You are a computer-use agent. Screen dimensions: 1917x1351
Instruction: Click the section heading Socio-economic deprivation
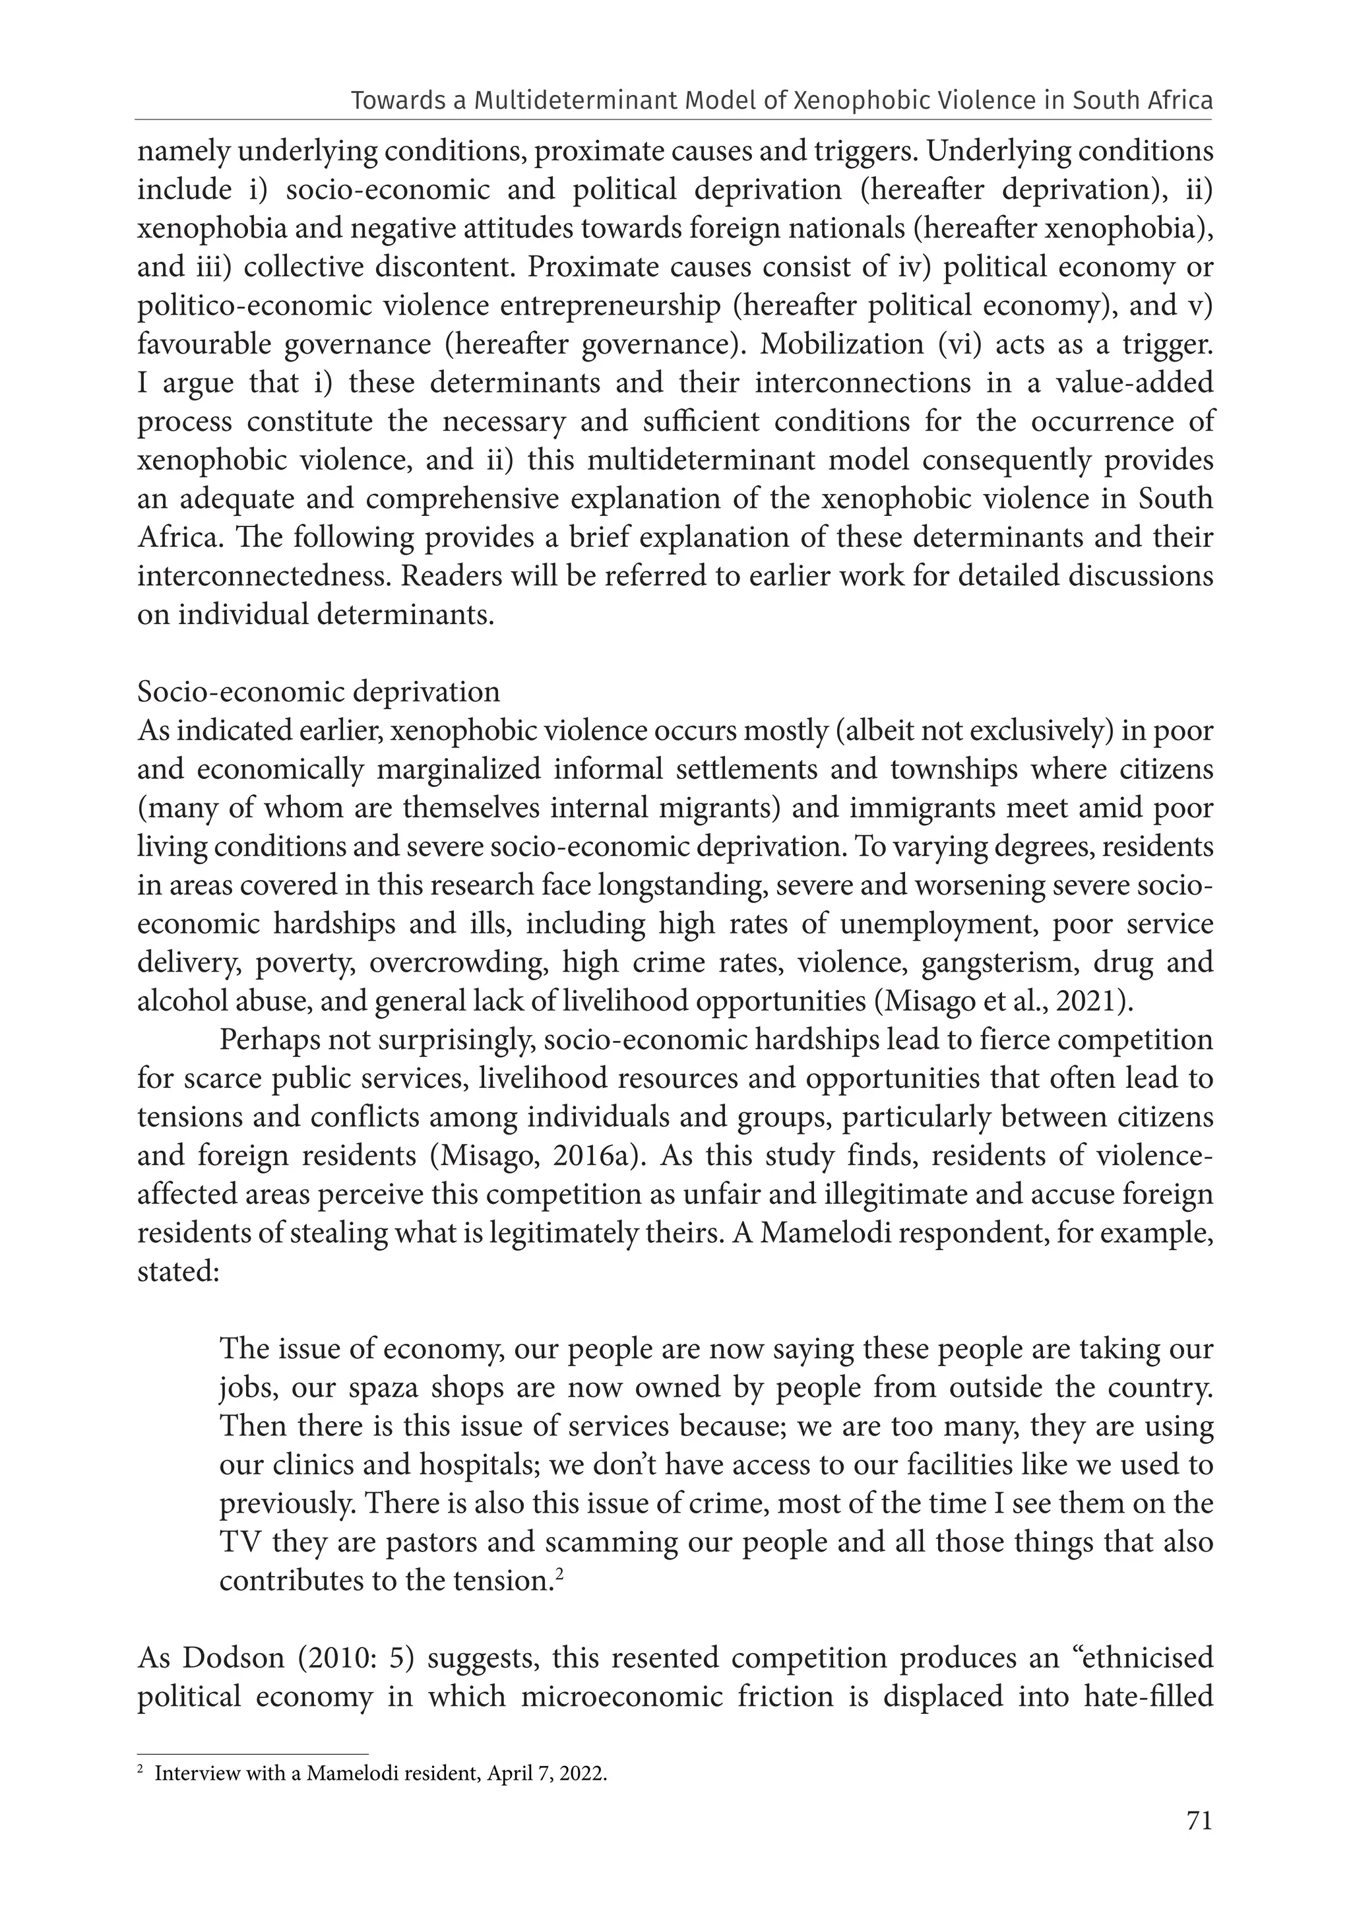tap(318, 692)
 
